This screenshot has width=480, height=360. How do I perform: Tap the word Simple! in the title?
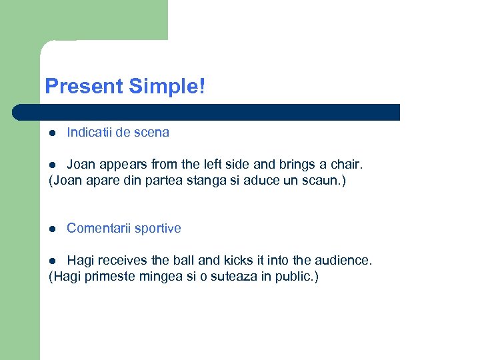point(167,87)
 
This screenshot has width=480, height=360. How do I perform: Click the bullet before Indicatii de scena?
point(53,133)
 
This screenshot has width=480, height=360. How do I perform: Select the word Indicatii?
point(89,132)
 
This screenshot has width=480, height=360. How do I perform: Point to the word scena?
point(151,132)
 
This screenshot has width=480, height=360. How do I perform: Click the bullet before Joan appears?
point(53,165)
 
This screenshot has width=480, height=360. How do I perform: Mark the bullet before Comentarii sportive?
point(53,229)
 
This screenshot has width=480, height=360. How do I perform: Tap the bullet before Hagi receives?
point(53,261)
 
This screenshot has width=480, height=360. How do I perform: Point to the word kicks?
point(229,260)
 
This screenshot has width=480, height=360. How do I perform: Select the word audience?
point(345,260)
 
